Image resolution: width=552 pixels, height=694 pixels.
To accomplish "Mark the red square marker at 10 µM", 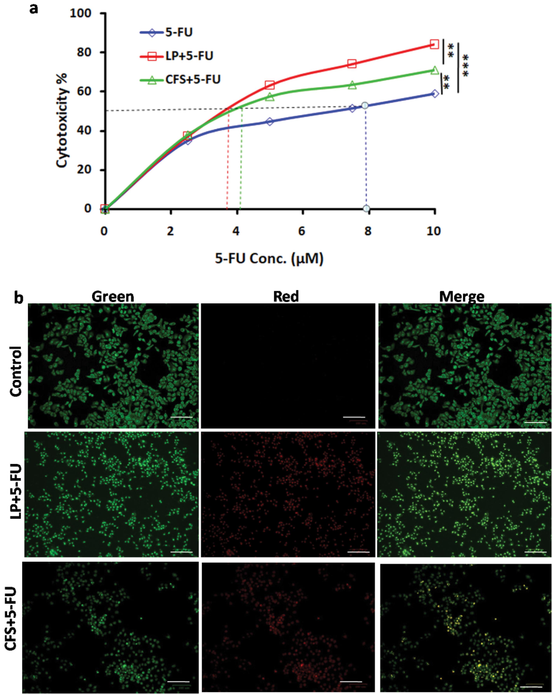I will [x=434, y=44].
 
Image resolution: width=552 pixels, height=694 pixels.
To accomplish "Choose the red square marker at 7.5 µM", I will [x=352, y=64].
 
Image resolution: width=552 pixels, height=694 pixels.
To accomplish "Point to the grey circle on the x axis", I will [x=366, y=208].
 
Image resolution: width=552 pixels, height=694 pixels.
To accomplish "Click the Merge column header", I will [x=461, y=296].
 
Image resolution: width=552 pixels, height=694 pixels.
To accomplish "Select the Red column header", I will [x=286, y=296].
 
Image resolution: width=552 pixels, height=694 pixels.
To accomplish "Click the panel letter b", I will [x=19, y=298].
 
